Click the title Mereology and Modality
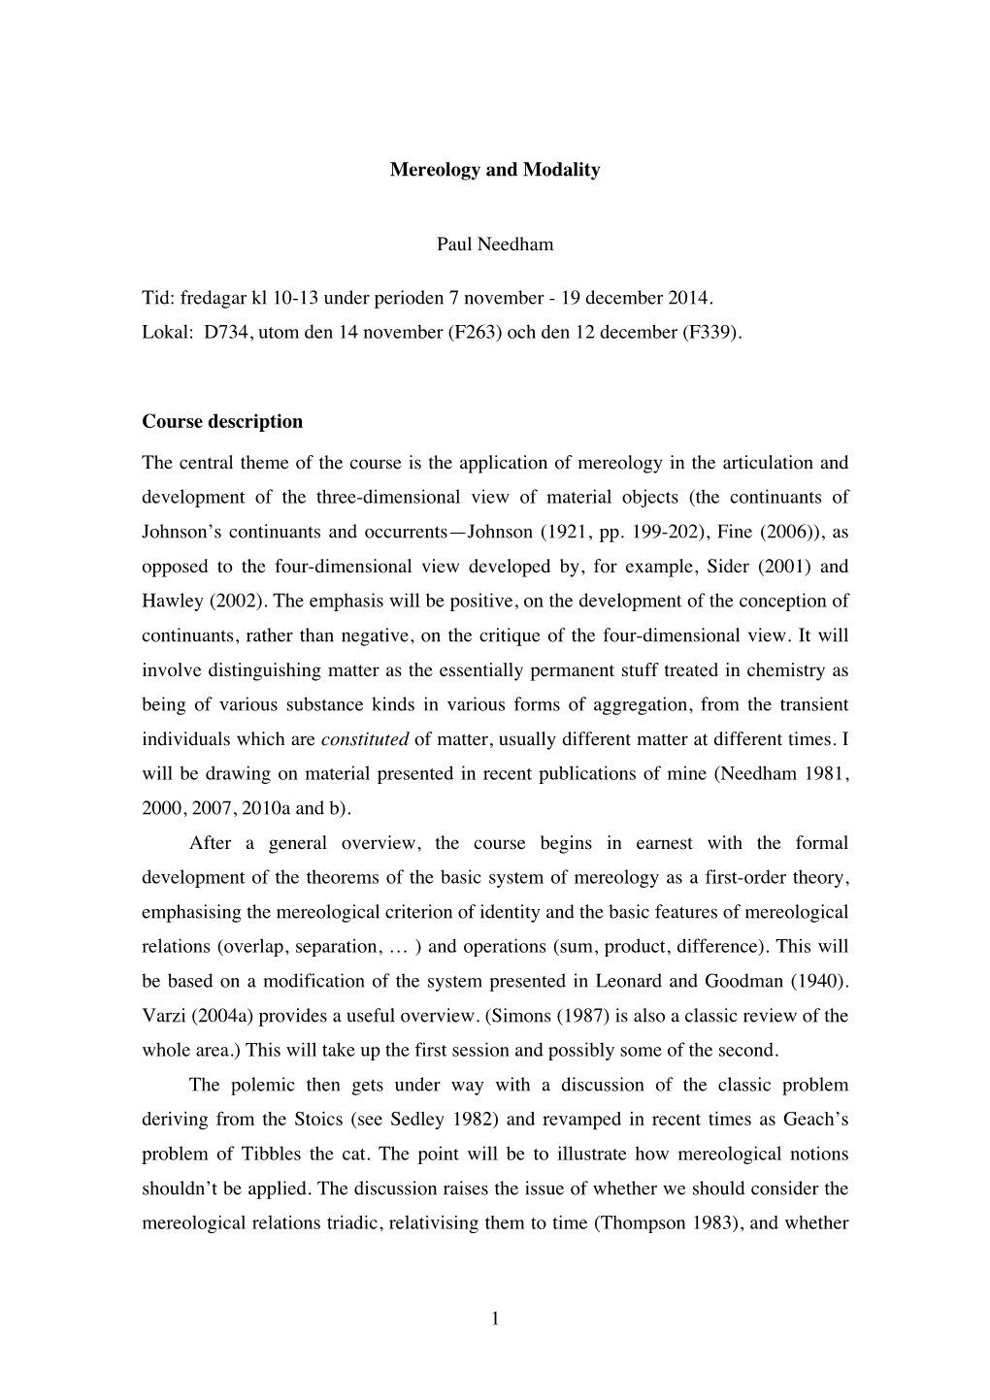coord(495,170)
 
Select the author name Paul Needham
coord(495,244)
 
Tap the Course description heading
coord(222,422)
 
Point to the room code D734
coord(226,332)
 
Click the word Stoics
coord(316,1120)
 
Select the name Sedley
coord(415,1120)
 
